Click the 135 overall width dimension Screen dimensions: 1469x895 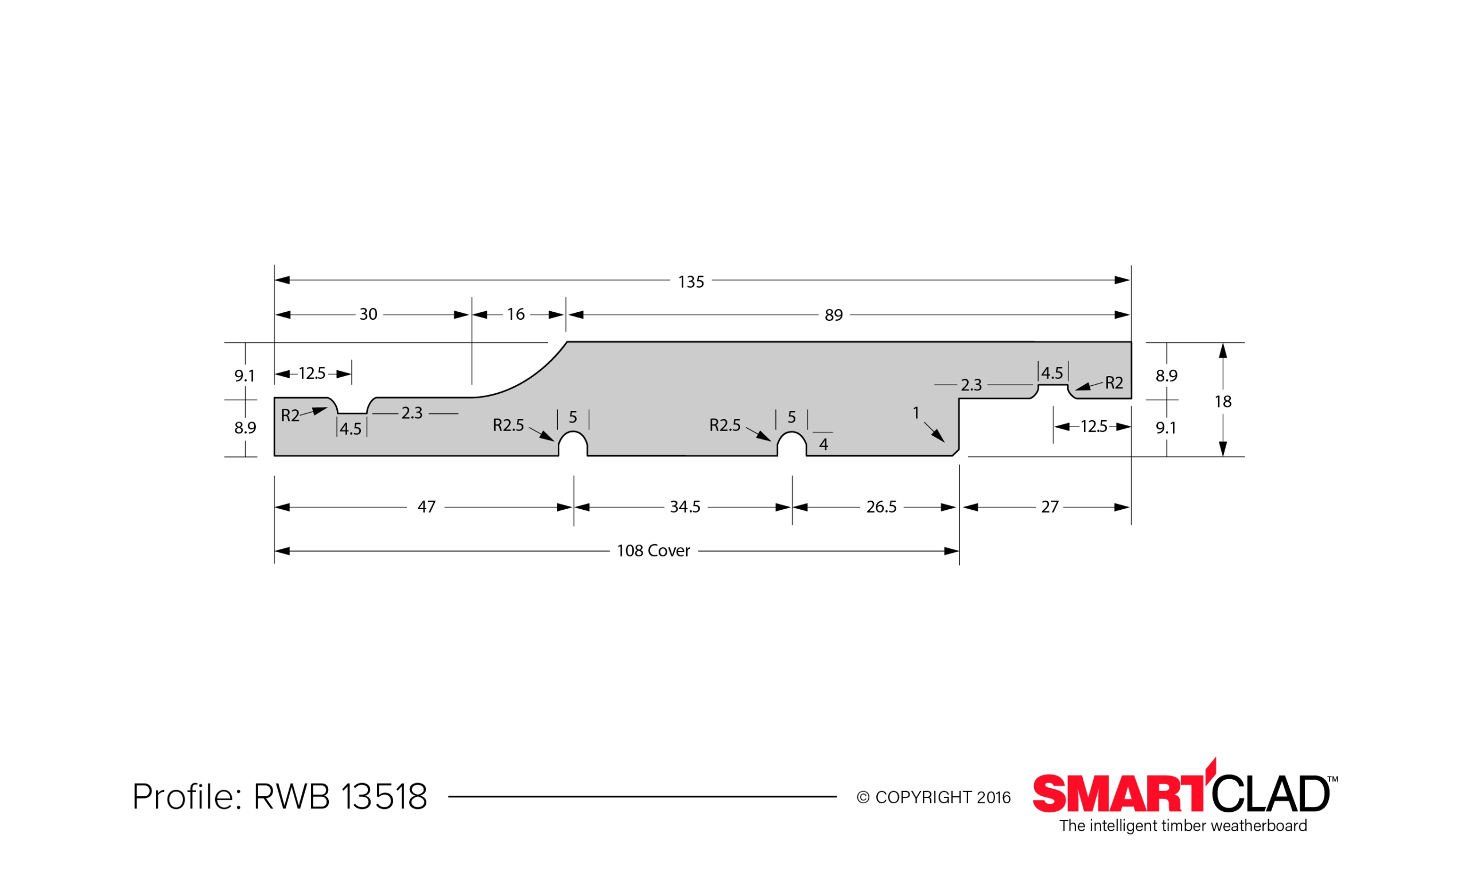[691, 281]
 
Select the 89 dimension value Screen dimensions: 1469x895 [833, 315]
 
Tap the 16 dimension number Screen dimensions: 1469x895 [516, 314]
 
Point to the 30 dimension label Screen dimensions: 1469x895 [368, 314]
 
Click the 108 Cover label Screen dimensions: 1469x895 [654, 551]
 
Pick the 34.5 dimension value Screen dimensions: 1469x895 [685, 507]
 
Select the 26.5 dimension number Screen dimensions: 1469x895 [881, 507]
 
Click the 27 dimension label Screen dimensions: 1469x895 [1050, 507]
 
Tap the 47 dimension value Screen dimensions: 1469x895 [426, 507]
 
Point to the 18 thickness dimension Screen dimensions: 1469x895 [1223, 401]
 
